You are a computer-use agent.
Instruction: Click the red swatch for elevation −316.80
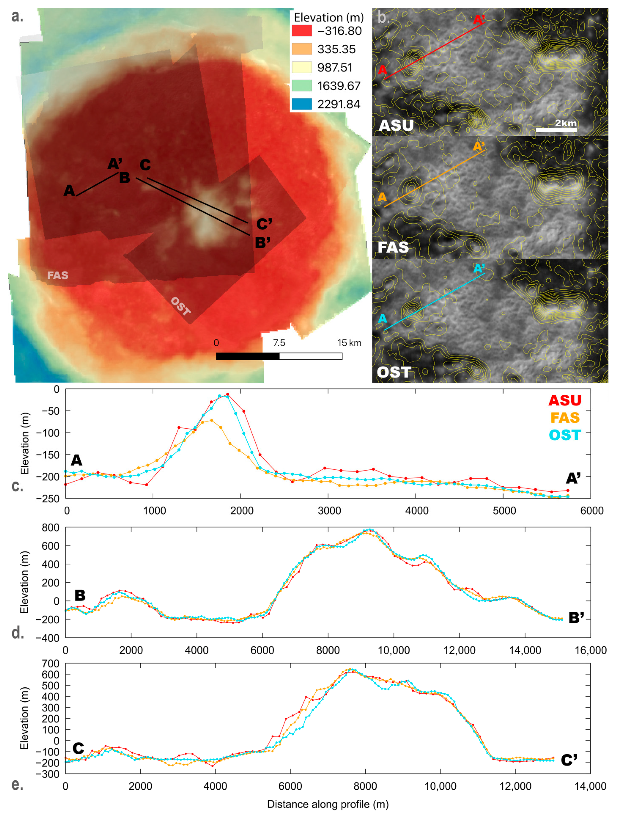tap(302, 31)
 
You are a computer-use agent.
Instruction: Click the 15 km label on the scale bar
tap(349, 343)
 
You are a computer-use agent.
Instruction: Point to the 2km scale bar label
tap(565, 123)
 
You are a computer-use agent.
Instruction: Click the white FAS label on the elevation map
tap(58, 275)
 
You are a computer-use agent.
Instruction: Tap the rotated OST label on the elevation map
tap(181, 306)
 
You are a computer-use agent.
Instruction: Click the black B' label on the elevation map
tap(263, 243)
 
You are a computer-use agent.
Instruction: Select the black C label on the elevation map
tap(145, 165)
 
